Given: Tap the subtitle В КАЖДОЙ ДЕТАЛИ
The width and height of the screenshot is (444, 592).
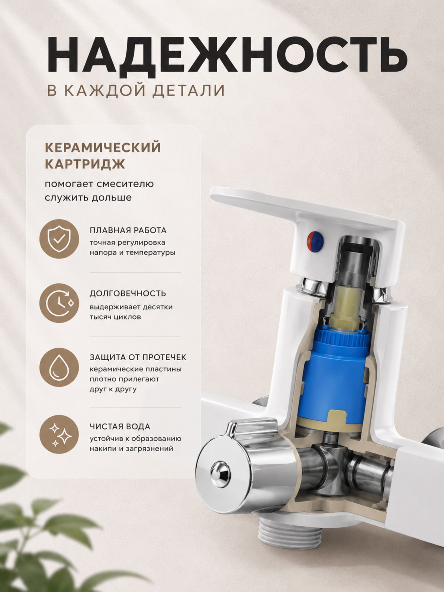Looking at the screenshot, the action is tap(136, 91).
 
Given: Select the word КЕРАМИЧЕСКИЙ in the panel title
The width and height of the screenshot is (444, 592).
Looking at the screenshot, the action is tap(103, 148).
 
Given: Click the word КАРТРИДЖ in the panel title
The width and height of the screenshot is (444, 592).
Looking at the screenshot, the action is tap(85, 164).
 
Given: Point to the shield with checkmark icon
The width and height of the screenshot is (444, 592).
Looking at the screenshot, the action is tap(59, 239).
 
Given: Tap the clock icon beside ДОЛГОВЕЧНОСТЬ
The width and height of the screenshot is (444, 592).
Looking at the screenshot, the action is tap(59, 303).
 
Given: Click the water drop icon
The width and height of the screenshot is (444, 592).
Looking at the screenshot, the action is tap(59, 367).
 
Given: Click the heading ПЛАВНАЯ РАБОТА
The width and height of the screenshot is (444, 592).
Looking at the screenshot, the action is tap(128, 230).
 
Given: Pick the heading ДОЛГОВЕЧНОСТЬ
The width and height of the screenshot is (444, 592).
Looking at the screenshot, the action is tap(128, 294).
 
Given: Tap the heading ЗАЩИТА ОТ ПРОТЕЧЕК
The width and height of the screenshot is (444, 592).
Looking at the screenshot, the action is tap(138, 357).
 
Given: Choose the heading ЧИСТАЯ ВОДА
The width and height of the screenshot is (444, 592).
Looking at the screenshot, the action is tap(120, 426).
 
